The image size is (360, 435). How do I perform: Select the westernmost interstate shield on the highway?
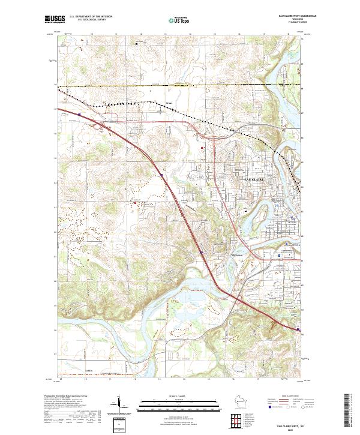tap(79, 112)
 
